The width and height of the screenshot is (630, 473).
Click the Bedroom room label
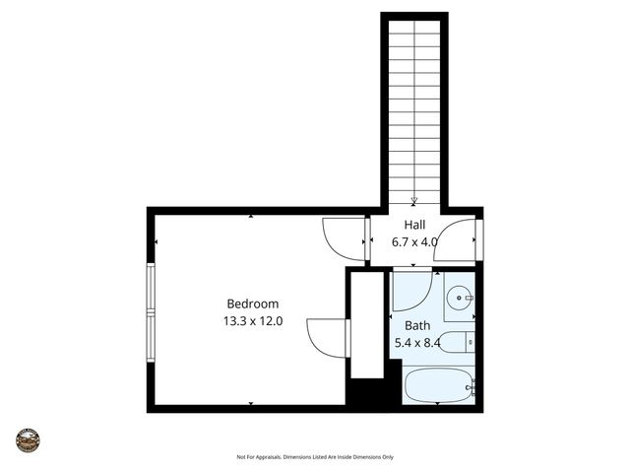[253, 304]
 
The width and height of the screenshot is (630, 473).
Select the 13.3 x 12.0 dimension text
[253, 320]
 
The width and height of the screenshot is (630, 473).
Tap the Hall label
[414, 225]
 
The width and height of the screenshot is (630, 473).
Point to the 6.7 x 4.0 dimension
[414, 241]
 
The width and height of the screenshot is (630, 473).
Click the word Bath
[417, 325]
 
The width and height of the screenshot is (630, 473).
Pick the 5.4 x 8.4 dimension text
[417, 343]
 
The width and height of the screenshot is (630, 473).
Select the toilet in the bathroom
[455, 343]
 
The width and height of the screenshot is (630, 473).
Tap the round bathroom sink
[460, 297]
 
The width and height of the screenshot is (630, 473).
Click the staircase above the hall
[414, 108]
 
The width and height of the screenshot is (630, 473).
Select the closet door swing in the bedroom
[327, 337]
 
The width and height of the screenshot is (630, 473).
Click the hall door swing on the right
[457, 239]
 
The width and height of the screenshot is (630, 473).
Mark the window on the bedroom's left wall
[151, 310]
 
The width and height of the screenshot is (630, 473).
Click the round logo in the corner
[28, 439]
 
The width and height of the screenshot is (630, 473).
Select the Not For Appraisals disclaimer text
[315, 457]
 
